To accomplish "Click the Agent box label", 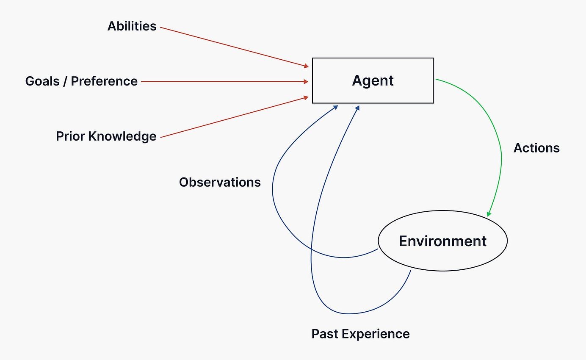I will pyautogui.click(x=373, y=80).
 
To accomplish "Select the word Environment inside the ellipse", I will pyautogui.click(x=442, y=241).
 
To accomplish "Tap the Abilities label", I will pyautogui.click(x=132, y=26).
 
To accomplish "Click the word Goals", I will pyautogui.click(x=42, y=81).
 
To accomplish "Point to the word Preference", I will pyautogui.click(x=104, y=81).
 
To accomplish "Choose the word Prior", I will pyautogui.click(x=70, y=136).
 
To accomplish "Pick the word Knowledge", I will pyautogui.click(x=122, y=136).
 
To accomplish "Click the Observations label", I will pyautogui.click(x=220, y=182).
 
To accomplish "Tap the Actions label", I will pyautogui.click(x=536, y=148).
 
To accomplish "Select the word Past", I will pyautogui.click(x=325, y=334).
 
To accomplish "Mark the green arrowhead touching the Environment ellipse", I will pyautogui.click(x=489, y=214).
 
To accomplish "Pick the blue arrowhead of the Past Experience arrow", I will pyautogui.click(x=357, y=108).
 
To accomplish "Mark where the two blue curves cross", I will pyautogui.click(x=311, y=249).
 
